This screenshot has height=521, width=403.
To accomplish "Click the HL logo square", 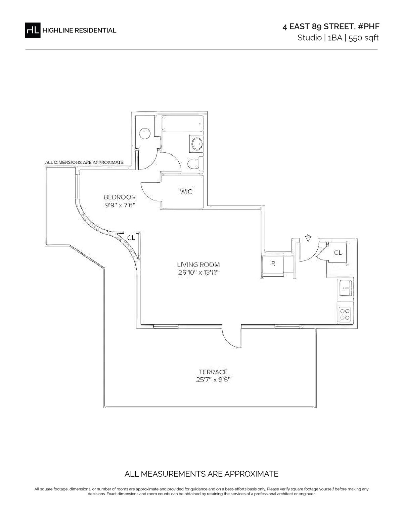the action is pyautogui.click(x=33, y=30).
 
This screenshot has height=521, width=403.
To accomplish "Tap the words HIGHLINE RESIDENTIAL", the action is pyautogui.click(x=79, y=31).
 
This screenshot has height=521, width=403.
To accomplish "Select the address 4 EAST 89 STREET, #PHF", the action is pyautogui.click(x=331, y=27).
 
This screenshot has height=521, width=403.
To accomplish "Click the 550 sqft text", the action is pyautogui.click(x=363, y=38).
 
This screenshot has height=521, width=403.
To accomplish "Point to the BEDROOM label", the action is pyautogui.click(x=120, y=197).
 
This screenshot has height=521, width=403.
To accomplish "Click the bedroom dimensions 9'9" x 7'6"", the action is pyautogui.click(x=120, y=205).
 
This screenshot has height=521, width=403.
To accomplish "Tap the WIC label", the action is pyautogui.click(x=186, y=192).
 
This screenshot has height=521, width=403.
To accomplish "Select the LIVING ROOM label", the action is pyautogui.click(x=198, y=265).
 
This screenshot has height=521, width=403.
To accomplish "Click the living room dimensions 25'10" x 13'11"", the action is pyautogui.click(x=198, y=272).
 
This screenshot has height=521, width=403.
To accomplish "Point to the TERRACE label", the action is pyautogui.click(x=213, y=372).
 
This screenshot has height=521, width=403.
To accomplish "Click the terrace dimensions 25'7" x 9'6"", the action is pyautogui.click(x=213, y=380).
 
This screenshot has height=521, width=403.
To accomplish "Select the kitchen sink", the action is pyautogui.click(x=345, y=288).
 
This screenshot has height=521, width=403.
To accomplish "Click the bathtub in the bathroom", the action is pyautogui.click(x=182, y=124).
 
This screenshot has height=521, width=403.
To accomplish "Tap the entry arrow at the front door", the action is pyautogui.click(x=308, y=238).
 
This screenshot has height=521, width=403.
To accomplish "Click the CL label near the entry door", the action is pyautogui.click(x=338, y=252).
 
